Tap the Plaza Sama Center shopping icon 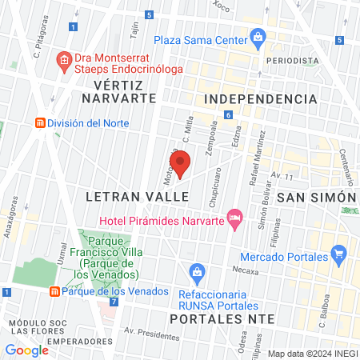(257, 37)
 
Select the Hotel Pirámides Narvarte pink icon (234, 217)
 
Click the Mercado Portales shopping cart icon (340, 256)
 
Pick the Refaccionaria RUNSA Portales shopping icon (196, 274)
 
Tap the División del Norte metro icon (38, 123)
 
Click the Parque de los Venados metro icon (54, 291)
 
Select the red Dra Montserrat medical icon (63, 59)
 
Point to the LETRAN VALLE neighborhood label (133, 196)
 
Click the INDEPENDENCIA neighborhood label (261, 98)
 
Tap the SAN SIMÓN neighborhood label (315, 197)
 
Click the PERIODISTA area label (293, 60)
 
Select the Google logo (27, 350)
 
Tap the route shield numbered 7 (114, 302)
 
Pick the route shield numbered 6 (228, 115)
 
